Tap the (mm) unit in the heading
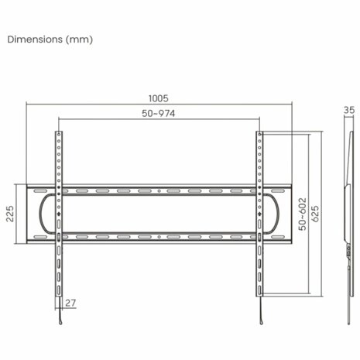[x=78, y=39]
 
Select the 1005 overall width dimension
[x=159, y=99]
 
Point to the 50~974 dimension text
[x=159, y=114]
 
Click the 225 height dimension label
[x=10, y=213]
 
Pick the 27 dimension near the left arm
[x=72, y=303]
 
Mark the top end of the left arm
[x=57, y=135]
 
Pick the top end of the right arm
[x=260, y=135]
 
